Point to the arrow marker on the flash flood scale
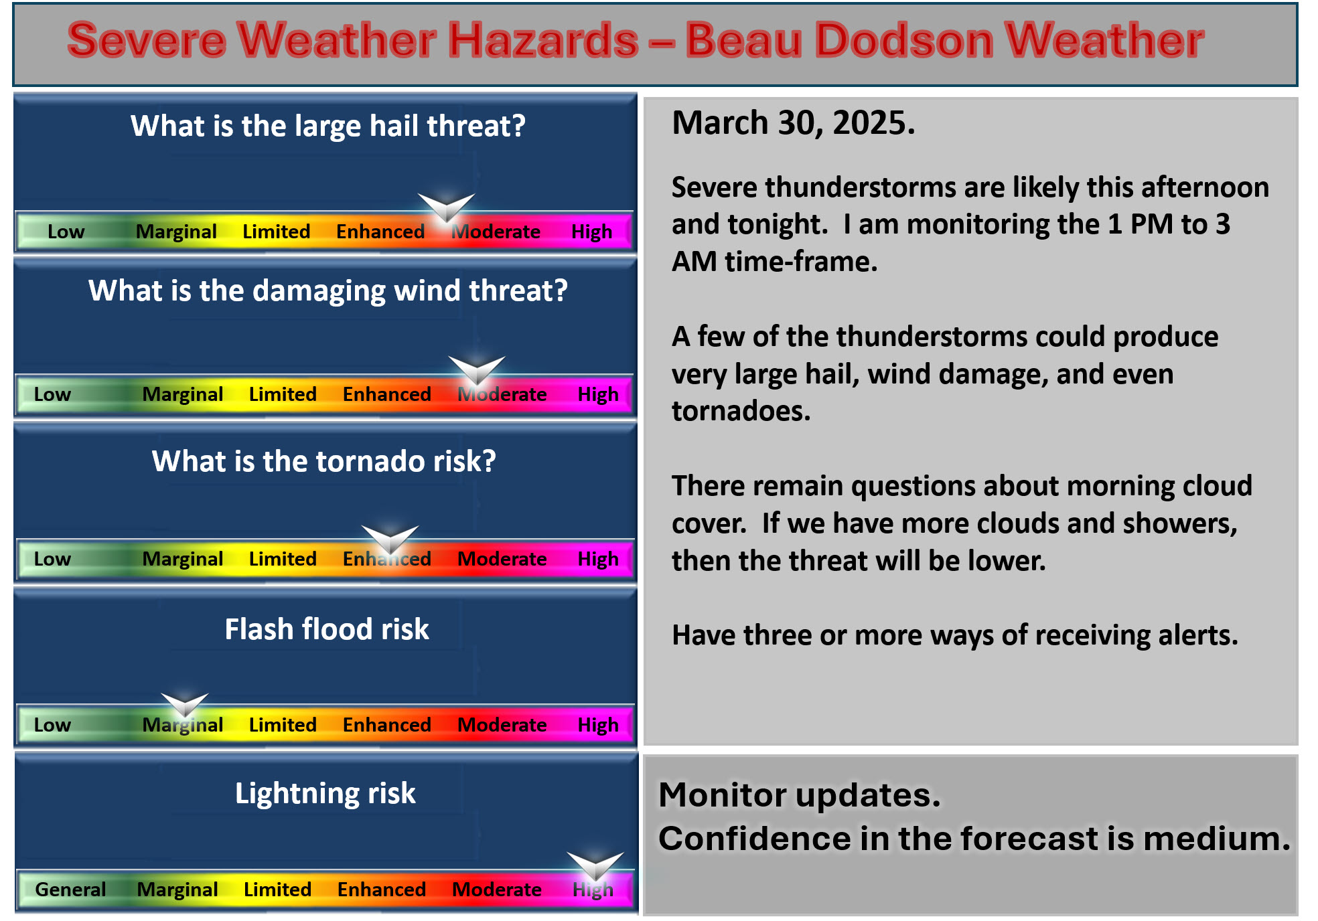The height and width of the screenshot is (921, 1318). point(185,705)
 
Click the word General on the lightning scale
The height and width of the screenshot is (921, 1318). point(70,890)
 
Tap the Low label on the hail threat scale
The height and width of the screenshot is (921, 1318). point(66,232)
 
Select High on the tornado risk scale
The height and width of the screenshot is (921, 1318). point(598,559)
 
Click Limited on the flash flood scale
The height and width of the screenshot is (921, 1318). point(283,725)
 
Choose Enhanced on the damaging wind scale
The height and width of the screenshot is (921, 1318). point(386,394)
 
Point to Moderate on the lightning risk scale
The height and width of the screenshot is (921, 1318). point(497,890)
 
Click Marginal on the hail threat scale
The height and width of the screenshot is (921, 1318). point(176,232)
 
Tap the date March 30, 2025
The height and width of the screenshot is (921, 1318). point(794,123)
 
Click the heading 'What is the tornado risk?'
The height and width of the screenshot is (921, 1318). point(324,461)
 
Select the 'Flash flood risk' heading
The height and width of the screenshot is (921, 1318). point(327,629)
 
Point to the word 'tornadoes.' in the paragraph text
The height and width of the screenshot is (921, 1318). point(741,411)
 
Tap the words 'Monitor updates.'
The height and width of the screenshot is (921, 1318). point(800,795)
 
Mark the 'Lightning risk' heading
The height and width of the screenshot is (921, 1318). point(325,794)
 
